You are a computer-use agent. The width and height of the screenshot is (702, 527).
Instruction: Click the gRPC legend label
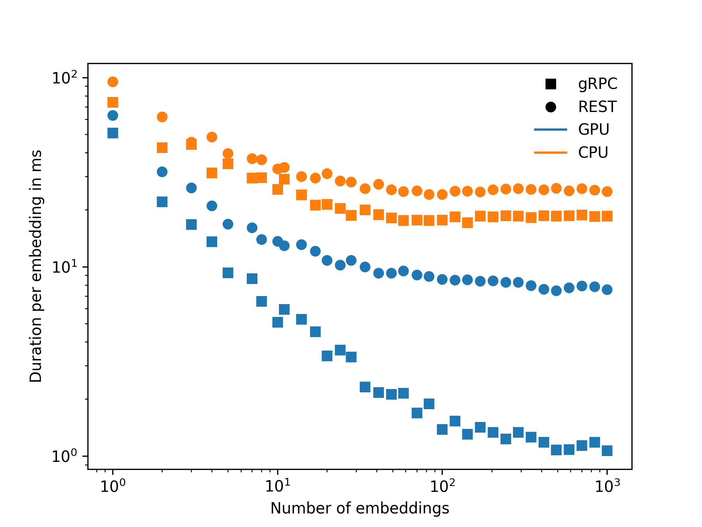(597, 84)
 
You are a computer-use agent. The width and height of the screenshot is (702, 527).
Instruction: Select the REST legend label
(597, 107)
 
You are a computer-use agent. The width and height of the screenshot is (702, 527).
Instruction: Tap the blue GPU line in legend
(550, 130)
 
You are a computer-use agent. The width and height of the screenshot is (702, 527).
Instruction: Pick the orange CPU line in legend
(550, 152)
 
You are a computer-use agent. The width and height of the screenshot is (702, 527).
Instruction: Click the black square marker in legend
(550, 84)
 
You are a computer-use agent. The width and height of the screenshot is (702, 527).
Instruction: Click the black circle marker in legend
(550, 107)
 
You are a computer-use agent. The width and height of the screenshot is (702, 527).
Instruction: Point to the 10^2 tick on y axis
(65, 78)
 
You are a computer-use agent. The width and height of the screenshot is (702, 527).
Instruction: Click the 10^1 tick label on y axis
(65, 267)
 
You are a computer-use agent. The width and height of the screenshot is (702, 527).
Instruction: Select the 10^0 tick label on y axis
(65, 456)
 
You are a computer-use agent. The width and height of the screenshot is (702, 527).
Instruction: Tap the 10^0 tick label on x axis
(113, 486)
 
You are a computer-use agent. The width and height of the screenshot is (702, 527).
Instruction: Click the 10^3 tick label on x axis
(607, 486)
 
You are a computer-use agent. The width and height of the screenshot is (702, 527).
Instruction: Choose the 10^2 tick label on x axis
(442, 486)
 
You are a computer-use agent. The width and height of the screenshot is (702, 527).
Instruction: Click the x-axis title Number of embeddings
(360, 508)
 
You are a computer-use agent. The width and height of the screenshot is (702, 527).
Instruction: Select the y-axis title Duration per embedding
(36, 266)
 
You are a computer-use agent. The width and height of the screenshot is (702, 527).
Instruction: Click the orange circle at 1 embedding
(113, 82)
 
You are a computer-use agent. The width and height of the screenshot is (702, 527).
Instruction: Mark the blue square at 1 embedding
(113, 133)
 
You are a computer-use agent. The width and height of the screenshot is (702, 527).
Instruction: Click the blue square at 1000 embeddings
(607, 451)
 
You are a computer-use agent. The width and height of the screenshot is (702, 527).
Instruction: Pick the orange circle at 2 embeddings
(162, 117)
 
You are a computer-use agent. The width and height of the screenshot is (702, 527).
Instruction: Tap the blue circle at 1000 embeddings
(607, 289)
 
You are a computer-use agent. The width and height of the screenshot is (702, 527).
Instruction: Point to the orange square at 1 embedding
(113, 102)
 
